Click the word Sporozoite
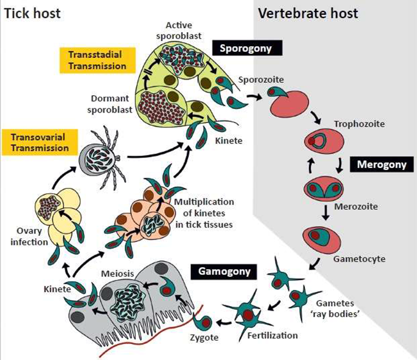[258, 80]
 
